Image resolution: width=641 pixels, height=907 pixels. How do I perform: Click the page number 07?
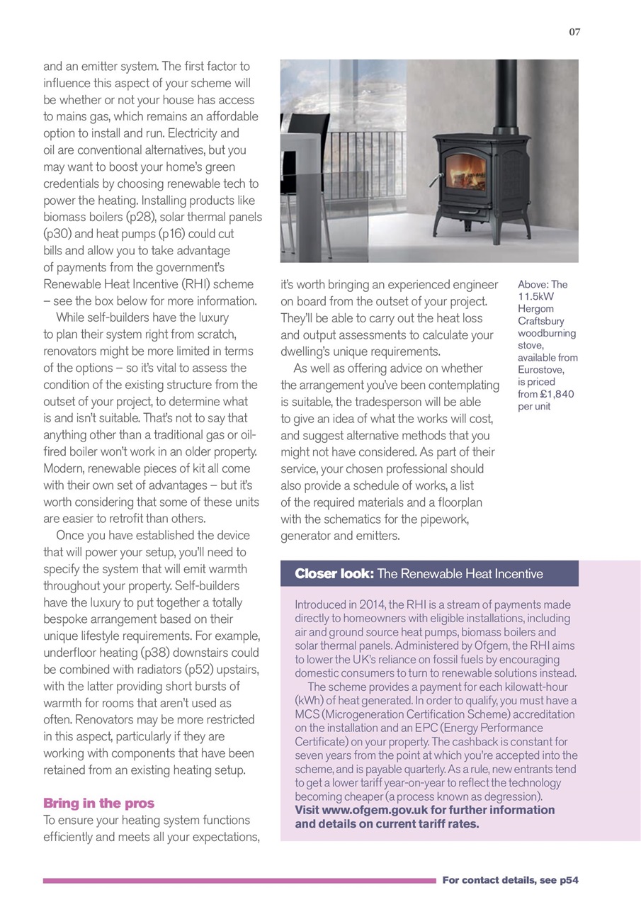click(574, 31)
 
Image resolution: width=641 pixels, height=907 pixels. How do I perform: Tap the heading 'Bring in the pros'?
click(98, 803)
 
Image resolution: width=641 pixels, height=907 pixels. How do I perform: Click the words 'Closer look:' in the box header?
click(334, 573)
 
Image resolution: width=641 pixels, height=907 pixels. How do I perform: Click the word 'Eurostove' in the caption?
click(540, 369)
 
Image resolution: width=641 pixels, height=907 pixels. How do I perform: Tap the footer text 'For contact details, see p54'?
click(510, 880)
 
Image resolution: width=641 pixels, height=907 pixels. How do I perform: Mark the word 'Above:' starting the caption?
click(533, 284)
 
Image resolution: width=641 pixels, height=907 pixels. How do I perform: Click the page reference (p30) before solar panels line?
click(59, 233)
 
